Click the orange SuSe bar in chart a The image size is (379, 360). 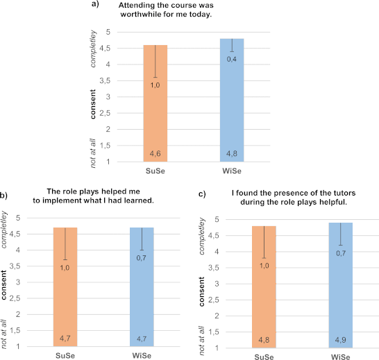[x=155, y=103]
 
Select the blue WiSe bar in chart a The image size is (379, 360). [x=232, y=100]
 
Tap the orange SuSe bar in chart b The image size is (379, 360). [x=65, y=287]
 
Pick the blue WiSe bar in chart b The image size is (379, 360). [x=142, y=287]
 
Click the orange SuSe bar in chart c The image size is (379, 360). [x=264, y=287]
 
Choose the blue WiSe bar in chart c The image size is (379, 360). [x=341, y=285]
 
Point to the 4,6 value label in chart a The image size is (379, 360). [x=155, y=154]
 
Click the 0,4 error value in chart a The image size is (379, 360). [x=232, y=59]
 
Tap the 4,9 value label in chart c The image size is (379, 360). [x=341, y=340]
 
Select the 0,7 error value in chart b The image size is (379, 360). [x=142, y=258]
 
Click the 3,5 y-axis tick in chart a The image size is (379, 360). [x=105, y=80]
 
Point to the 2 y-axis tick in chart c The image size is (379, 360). [x=217, y=316]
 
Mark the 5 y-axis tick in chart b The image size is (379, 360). [x=18, y=218]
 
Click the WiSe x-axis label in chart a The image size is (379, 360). [x=232, y=171]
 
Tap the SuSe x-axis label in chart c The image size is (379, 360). [x=264, y=357]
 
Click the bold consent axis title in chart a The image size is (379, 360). [x=93, y=104]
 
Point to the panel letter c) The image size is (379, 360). [x=202, y=194]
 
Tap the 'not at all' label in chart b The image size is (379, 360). [x=3, y=334]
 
